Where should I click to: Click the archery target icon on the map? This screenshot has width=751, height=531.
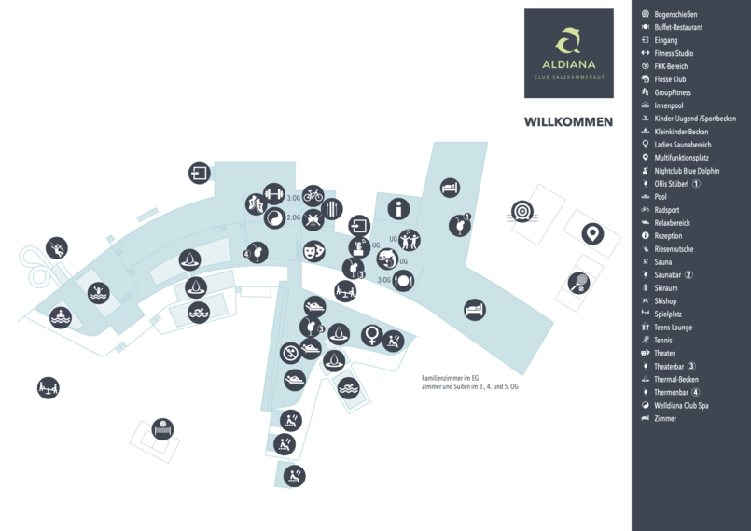(522, 211)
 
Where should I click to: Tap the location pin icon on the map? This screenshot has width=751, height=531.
(592, 234)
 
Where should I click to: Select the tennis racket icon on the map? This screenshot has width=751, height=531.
(578, 283)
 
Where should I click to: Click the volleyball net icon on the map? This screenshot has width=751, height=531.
(162, 429)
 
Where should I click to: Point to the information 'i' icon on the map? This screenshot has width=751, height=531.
(398, 209)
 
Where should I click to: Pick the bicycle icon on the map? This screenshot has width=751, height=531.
(313, 196)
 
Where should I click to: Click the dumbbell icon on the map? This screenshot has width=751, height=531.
(274, 194)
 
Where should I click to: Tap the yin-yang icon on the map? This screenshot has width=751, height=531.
(275, 218)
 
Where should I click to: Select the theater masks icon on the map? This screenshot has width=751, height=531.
(313, 251)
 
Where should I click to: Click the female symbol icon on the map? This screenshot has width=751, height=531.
(371, 335)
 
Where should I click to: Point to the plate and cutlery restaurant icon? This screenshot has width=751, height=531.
(403, 280)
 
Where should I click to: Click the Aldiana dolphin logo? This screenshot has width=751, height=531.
(568, 40)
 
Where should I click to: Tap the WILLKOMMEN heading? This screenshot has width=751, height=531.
(568, 122)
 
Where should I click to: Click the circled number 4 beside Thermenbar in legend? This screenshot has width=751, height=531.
(695, 392)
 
